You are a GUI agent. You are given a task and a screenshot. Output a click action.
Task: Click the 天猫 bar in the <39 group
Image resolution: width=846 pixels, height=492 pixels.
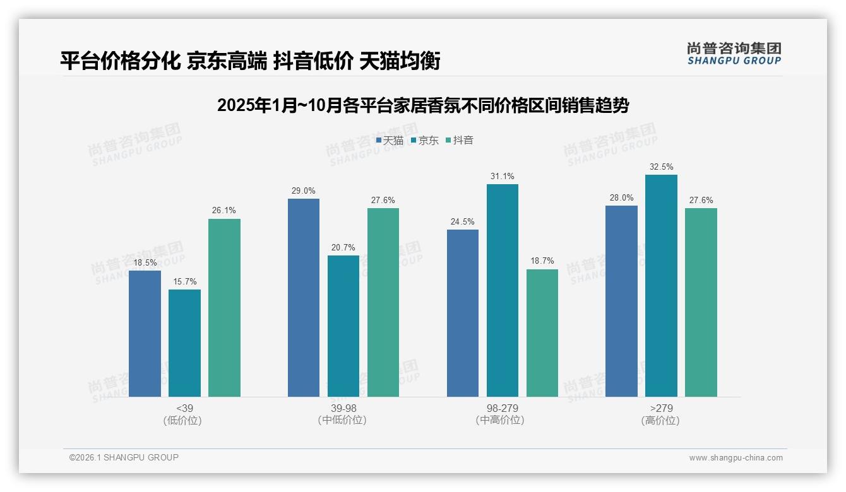(x=145, y=334)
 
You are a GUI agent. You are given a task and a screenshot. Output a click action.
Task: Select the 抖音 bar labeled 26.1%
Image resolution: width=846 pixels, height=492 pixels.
(x=224, y=308)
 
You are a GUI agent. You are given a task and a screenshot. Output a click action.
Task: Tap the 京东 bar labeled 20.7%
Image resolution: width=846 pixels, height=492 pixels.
(x=343, y=326)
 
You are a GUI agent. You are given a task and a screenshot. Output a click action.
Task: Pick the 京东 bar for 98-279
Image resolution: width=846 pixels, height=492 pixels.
(x=502, y=290)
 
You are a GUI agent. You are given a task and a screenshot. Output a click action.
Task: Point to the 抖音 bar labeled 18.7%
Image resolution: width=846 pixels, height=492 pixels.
(x=542, y=333)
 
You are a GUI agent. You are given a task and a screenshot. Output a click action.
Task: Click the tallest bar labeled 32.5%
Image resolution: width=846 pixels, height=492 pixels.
(x=661, y=286)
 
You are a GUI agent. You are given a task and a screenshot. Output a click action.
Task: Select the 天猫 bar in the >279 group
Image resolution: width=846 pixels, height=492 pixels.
(x=621, y=301)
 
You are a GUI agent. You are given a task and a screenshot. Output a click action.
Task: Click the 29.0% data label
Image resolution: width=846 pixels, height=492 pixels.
(x=303, y=190)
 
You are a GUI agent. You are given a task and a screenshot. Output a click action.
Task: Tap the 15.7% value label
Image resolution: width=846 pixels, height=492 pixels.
(x=184, y=281)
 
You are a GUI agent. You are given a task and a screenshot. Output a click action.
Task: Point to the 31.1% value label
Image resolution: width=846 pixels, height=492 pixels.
(x=502, y=176)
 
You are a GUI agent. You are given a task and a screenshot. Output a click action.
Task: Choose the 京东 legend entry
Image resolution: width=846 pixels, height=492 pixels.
(x=424, y=140)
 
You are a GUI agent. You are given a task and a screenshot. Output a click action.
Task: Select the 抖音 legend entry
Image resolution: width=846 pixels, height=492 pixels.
(x=459, y=140)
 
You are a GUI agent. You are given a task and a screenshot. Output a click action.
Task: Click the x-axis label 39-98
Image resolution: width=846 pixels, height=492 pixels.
(x=343, y=408)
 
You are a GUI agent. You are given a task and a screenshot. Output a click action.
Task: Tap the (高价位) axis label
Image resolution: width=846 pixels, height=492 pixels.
(x=660, y=420)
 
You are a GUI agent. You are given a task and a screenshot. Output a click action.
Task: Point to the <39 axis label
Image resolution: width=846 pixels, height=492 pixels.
(x=184, y=408)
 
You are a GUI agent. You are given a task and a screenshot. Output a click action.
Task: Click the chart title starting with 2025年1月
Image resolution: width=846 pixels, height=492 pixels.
(x=422, y=105)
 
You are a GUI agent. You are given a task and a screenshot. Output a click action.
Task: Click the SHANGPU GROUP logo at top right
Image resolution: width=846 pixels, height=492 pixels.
(x=734, y=54)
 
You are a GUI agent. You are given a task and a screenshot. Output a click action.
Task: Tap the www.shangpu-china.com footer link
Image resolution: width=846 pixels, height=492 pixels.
(x=736, y=458)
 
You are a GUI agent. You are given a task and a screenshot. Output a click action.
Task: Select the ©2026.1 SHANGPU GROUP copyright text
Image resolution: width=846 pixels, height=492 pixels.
(x=124, y=457)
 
